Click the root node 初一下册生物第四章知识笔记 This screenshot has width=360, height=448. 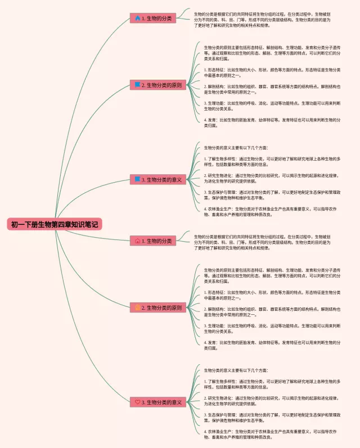tap(55, 224)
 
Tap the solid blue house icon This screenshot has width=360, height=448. tap(138, 19)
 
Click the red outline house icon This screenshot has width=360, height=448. tap(138, 241)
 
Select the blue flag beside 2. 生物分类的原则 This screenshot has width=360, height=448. tap(138, 85)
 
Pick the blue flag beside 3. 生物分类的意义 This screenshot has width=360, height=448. tap(138, 180)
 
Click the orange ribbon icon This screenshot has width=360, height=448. tap(138, 307)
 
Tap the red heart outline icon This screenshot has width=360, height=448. tap(138, 402)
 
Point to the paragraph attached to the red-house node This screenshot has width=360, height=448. tap(262, 242)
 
